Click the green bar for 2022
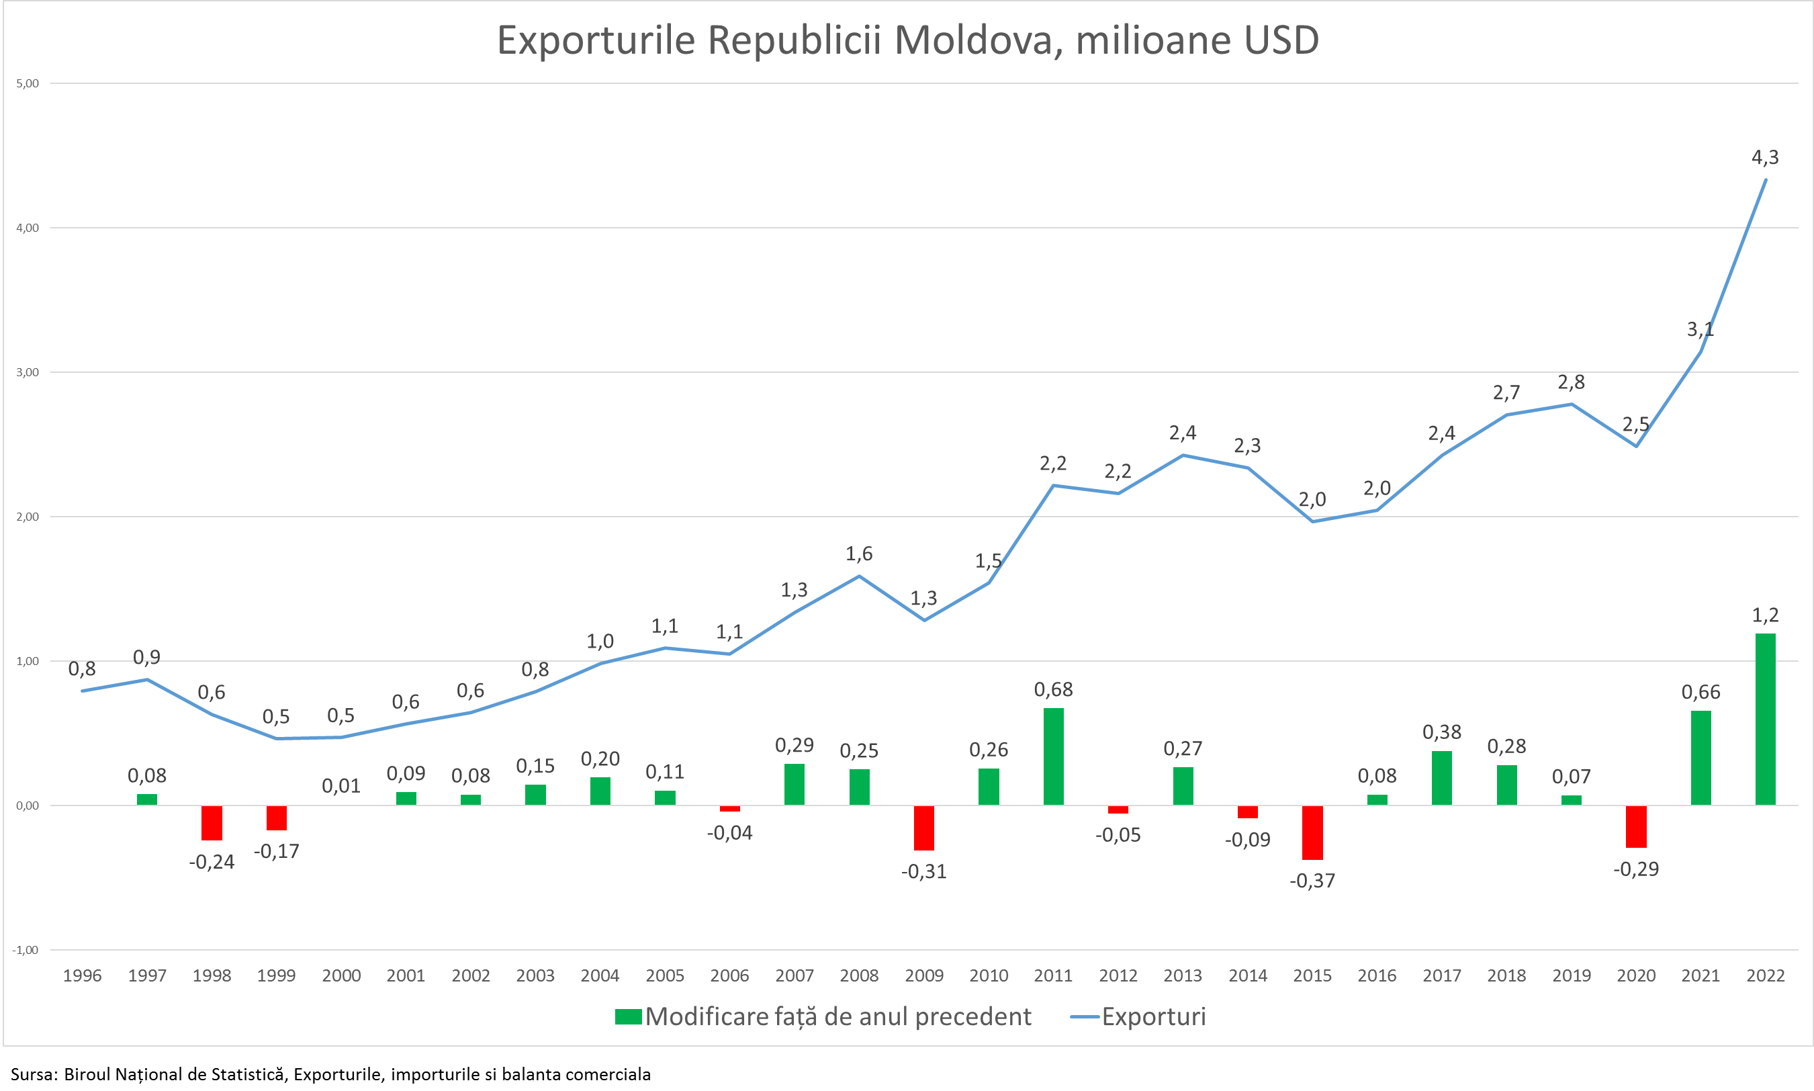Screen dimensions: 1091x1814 tap(1765, 719)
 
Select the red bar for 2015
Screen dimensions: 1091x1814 tap(1312, 832)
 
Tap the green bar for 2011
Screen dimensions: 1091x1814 tap(1053, 756)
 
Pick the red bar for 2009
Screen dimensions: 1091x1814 tap(924, 828)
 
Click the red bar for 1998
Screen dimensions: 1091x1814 tap(212, 823)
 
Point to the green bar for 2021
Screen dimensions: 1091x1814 tap(1700, 758)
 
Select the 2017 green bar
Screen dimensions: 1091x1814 tap(1441, 778)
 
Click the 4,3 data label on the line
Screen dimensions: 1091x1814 tap(1765, 157)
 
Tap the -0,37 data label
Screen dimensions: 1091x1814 tap(1312, 881)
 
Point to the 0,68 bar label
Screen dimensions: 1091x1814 tap(1053, 689)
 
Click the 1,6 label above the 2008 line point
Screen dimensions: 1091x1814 tap(859, 554)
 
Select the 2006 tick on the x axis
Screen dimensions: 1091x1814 tap(730, 975)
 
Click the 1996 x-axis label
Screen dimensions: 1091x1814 tap(83, 975)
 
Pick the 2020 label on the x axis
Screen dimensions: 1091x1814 tap(1635, 975)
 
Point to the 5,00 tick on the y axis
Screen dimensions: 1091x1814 tap(27, 84)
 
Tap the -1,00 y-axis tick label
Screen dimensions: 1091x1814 tap(26, 950)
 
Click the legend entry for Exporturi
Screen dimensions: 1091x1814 tap(1153, 1016)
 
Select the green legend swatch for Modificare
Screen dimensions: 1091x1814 tap(629, 1016)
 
